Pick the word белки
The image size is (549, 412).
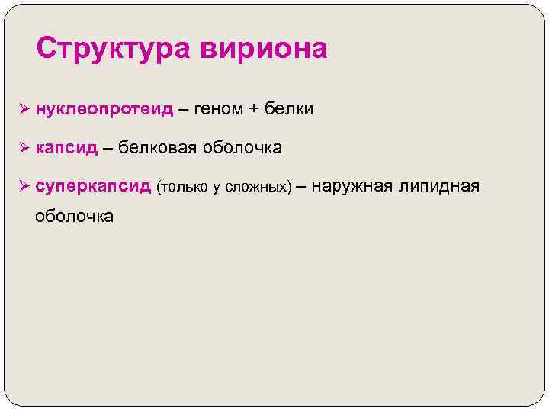[x=289, y=110]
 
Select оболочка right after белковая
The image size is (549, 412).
[x=242, y=148]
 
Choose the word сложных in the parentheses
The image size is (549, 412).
[x=258, y=187]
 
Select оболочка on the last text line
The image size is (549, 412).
[x=74, y=216]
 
